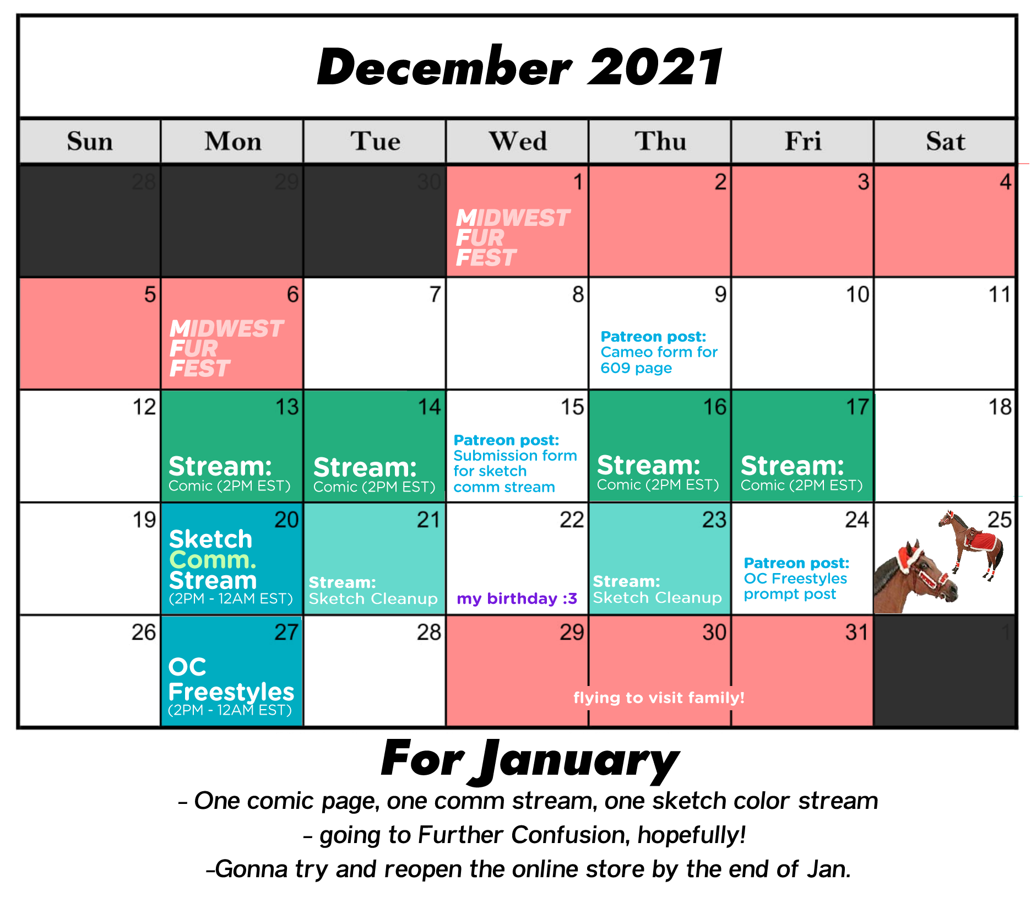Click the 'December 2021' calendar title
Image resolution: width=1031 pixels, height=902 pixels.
(519, 67)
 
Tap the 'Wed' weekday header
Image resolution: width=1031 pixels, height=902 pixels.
(518, 141)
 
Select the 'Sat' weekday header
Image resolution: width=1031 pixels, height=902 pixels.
(945, 141)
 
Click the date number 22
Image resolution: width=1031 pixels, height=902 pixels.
(572, 520)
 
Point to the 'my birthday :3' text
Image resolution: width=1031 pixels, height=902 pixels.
(517, 598)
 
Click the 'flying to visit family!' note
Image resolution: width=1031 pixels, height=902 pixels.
(659, 698)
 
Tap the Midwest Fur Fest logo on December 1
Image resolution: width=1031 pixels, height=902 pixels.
(513, 238)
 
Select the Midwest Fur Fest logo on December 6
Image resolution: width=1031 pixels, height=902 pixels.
(226, 349)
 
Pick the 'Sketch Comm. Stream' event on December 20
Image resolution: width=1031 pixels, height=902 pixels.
(231, 566)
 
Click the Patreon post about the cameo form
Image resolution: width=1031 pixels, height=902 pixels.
(659, 352)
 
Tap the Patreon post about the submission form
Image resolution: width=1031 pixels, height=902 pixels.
(515, 463)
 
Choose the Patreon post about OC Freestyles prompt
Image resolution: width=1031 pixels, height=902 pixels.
(796, 579)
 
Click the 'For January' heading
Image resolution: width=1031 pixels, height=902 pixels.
(530, 760)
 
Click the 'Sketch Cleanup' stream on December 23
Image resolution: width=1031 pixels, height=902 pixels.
(657, 590)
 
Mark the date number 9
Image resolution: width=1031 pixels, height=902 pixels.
(720, 294)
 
